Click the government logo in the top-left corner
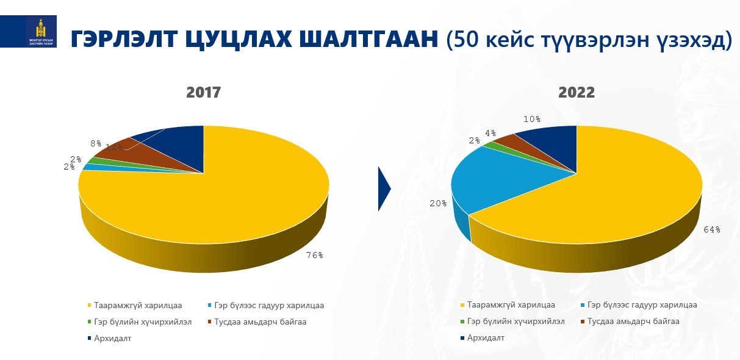(41, 32)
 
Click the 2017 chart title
(203, 93)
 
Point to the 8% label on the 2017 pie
(96, 144)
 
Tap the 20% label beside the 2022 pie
(438, 204)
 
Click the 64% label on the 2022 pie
(711, 229)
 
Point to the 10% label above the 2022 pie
(532, 120)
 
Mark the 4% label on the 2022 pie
(490, 134)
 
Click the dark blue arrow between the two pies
(384, 189)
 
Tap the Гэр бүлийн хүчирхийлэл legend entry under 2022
(516, 322)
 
